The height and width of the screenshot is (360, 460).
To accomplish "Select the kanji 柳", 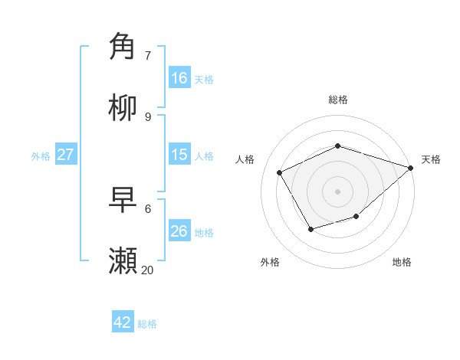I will tap(123, 108).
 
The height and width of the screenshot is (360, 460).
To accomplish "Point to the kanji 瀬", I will tap(123, 261).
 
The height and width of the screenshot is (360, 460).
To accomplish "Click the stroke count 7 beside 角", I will tap(147, 55).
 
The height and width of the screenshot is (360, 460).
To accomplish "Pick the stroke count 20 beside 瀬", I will tap(147, 270).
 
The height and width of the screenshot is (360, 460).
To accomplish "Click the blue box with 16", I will tap(179, 78).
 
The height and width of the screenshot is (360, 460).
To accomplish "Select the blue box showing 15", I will tap(179, 155).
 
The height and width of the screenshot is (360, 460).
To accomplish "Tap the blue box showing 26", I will tap(179, 231).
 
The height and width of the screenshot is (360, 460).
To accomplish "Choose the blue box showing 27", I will tap(66, 155).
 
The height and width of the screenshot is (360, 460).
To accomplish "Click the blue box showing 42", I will tap(123, 322).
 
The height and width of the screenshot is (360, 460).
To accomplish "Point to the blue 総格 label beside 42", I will tap(147, 324).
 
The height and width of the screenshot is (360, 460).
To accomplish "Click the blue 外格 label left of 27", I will tap(41, 156).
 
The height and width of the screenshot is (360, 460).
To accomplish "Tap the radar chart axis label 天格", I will tap(431, 159).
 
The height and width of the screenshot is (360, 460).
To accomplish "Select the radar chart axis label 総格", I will tap(338, 100).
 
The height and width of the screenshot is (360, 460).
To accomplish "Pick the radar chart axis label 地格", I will tap(402, 262).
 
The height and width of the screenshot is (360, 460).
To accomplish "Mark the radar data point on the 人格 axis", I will tap(280, 172).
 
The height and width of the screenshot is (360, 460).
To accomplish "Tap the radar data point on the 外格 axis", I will tap(310, 229).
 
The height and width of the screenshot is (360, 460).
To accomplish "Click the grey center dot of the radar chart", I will tap(338, 191).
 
